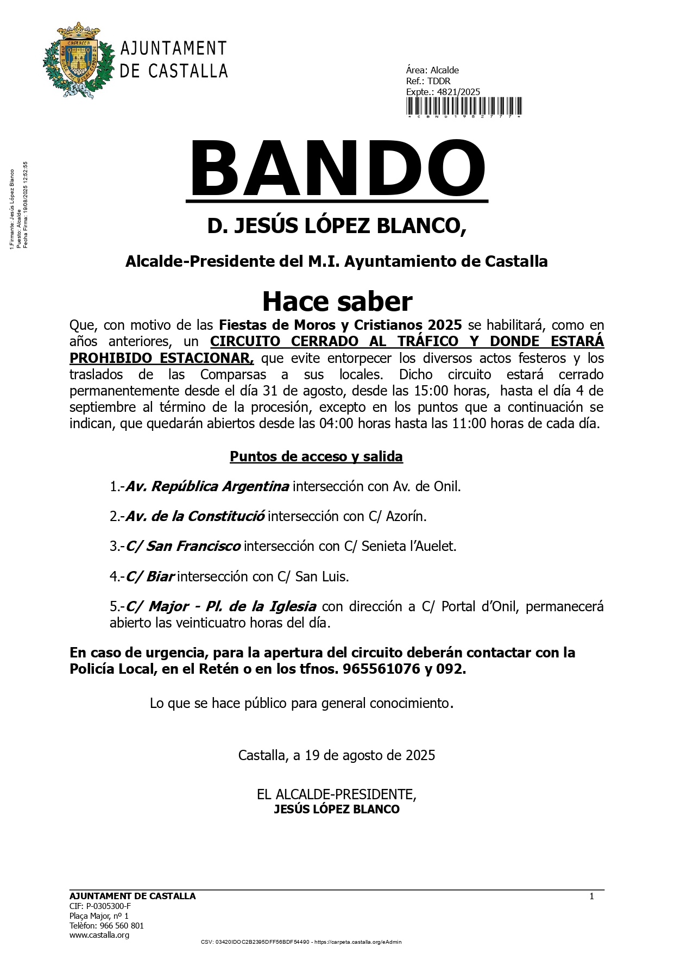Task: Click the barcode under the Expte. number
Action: click(464, 106)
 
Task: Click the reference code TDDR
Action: click(439, 81)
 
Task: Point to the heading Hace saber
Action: click(337, 301)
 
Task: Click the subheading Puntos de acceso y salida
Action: click(316, 456)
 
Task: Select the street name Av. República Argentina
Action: click(207, 486)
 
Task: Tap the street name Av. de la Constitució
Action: click(195, 516)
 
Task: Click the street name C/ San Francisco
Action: click(183, 546)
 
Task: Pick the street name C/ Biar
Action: click(150, 576)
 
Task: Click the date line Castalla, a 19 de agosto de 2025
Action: click(337, 755)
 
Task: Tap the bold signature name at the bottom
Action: click(337, 810)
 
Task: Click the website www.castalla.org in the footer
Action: click(99, 935)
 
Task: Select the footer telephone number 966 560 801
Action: click(122, 925)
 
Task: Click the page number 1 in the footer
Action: click(591, 896)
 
